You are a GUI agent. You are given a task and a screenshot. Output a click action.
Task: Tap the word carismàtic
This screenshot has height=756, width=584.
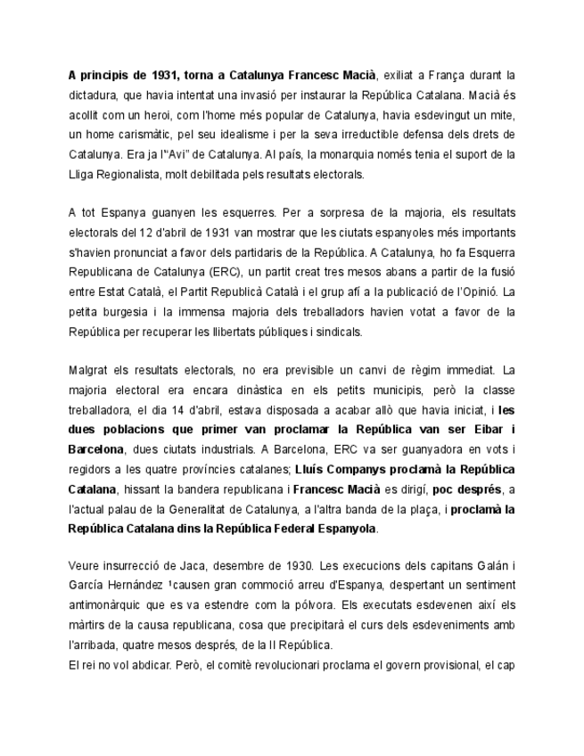coord(144,134)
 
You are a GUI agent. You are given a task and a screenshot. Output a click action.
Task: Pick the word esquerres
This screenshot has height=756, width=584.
coord(240,214)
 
